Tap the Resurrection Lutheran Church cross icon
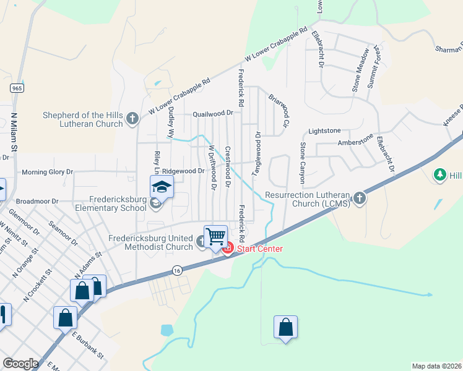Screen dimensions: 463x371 pyautogui.click(x=359, y=199)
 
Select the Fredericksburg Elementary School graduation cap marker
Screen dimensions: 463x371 pyautogui.click(x=161, y=186)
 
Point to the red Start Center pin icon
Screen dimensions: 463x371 pyautogui.click(x=227, y=249)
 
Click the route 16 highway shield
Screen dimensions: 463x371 pyautogui.click(x=177, y=270)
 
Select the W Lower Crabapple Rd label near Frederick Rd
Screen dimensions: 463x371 pyautogui.click(x=276, y=44)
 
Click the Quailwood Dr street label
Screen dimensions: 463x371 pyautogui.click(x=212, y=114)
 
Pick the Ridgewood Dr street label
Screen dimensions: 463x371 pyautogui.click(x=184, y=171)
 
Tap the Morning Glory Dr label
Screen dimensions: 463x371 pyautogui.click(x=47, y=172)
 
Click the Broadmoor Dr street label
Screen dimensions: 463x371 pyautogui.click(x=37, y=201)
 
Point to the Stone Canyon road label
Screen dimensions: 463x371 pyautogui.click(x=303, y=163)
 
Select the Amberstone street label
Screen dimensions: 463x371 pyautogui.click(x=355, y=141)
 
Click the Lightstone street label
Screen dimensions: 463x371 pyautogui.click(x=324, y=131)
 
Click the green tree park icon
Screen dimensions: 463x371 pyautogui.click(x=440, y=175)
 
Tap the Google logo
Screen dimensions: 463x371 pyautogui.click(x=20, y=363)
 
